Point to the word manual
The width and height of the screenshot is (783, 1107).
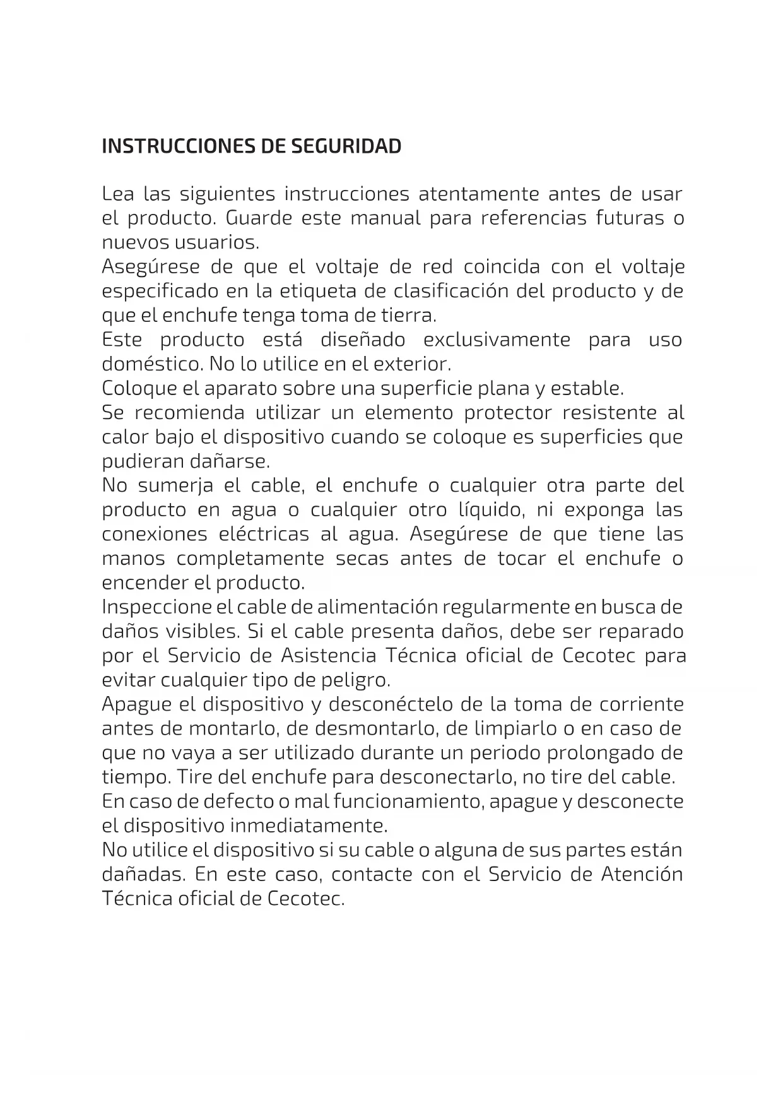click(x=385, y=218)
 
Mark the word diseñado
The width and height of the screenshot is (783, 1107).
click(x=363, y=340)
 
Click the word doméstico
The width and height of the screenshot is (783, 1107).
click(x=151, y=364)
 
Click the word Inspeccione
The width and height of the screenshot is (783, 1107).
click(x=156, y=607)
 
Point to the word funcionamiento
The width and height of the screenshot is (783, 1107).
click(x=409, y=802)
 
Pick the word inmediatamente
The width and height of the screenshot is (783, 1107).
click(x=308, y=826)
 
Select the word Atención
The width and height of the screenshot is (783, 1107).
click(x=642, y=875)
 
